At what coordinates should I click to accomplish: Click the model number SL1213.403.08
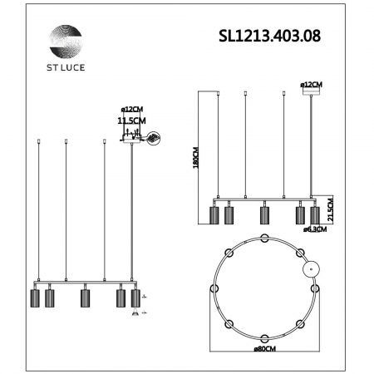269,36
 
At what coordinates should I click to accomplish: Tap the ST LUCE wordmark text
66,67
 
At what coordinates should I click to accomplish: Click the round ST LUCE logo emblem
66,42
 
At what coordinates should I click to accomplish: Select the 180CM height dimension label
196,157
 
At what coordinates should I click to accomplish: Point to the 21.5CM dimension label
330,209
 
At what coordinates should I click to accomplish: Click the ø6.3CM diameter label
315,229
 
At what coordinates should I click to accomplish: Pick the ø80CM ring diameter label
265,349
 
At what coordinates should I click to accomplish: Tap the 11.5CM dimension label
131,121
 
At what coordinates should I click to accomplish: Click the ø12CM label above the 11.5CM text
132,109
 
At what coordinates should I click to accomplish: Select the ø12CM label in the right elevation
312,85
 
